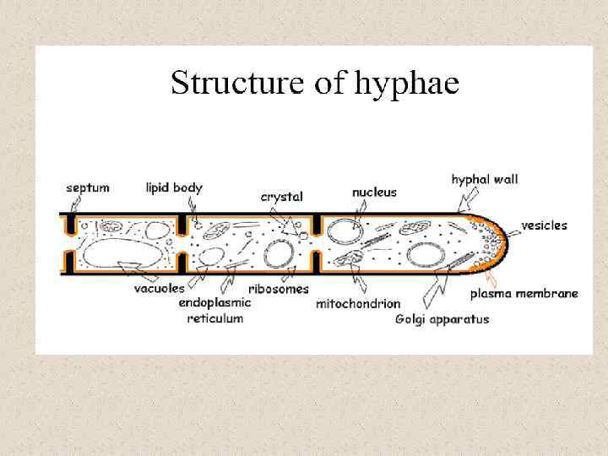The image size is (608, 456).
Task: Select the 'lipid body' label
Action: pyautogui.click(x=174, y=187)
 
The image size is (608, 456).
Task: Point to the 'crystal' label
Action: pyautogui.click(x=282, y=196)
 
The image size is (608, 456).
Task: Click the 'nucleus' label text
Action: pyautogui.click(x=374, y=193)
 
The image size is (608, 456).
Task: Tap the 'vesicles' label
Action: pyautogui.click(x=544, y=225)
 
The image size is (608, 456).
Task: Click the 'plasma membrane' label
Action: pyautogui.click(x=524, y=294)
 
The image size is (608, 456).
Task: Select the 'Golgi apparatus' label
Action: pyautogui.click(x=442, y=319)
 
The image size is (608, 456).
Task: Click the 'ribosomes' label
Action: pyautogui.click(x=273, y=288)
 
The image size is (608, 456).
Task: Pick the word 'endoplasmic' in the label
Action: pyautogui.click(x=214, y=302)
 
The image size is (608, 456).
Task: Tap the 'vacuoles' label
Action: pyautogui.click(x=159, y=288)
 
